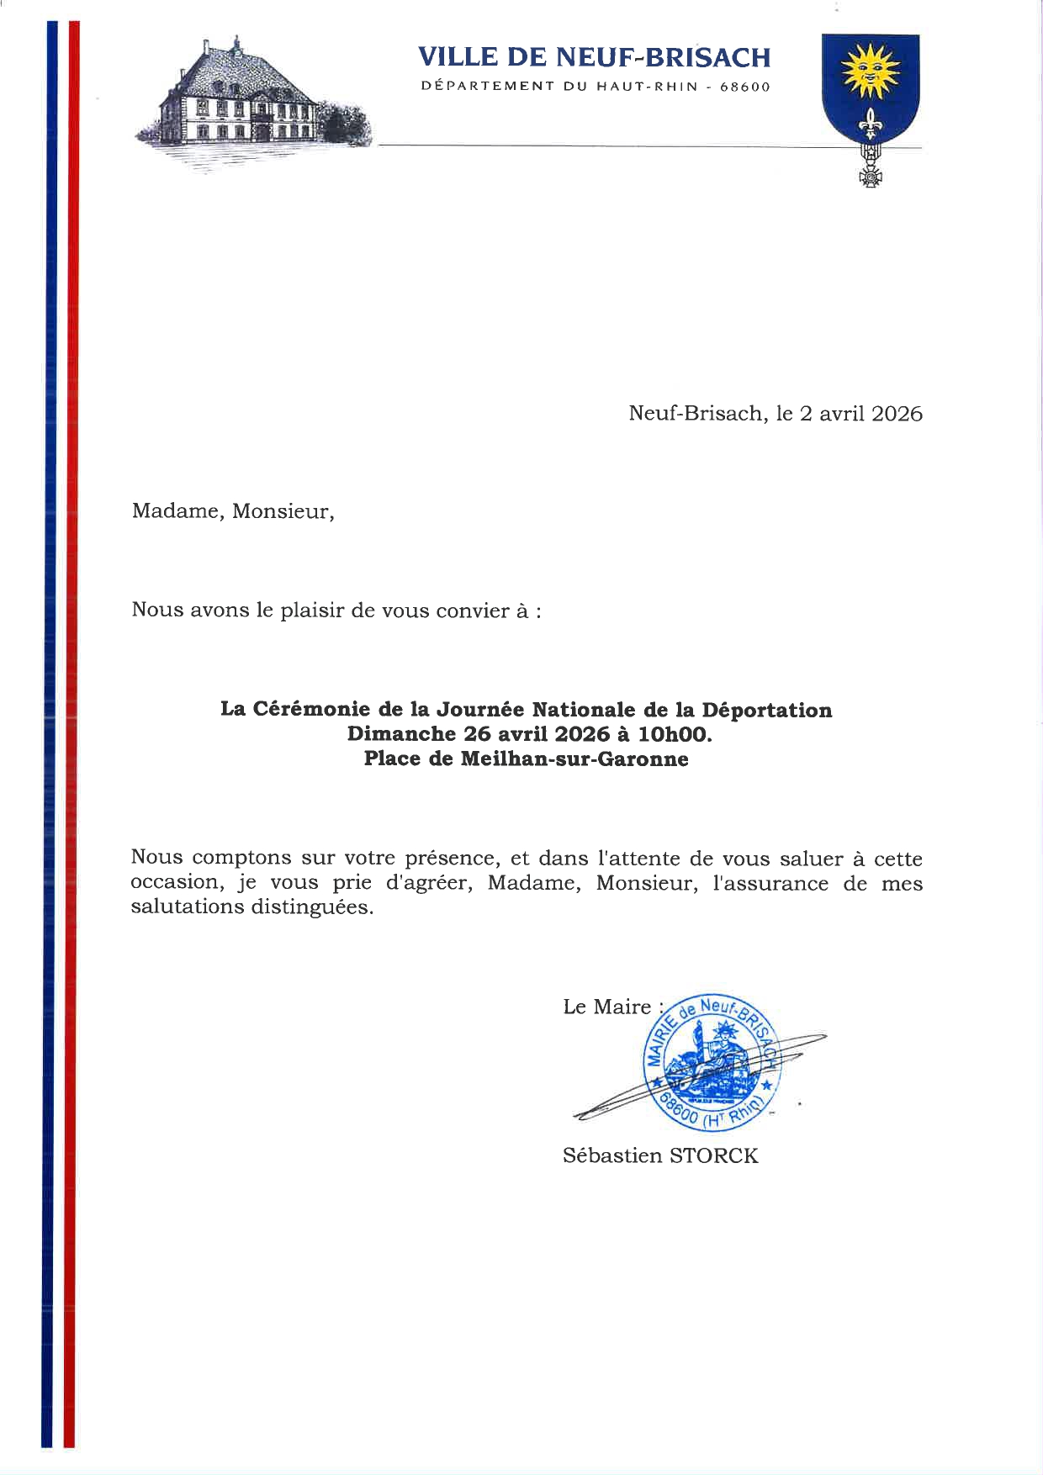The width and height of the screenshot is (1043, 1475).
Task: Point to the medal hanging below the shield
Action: pos(870,172)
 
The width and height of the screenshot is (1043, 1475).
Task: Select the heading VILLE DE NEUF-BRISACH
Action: pos(594,57)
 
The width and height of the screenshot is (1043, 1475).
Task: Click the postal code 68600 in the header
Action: pos(744,87)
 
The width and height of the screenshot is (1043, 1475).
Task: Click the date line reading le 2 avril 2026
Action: pos(849,414)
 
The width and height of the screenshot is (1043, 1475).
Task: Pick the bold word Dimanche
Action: pos(401,734)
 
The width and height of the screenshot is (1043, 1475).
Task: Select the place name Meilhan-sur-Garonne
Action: pos(574,759)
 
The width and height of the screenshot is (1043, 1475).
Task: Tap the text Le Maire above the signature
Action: pos(607,1007)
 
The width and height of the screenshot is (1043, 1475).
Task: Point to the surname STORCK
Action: pos(713,1155)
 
